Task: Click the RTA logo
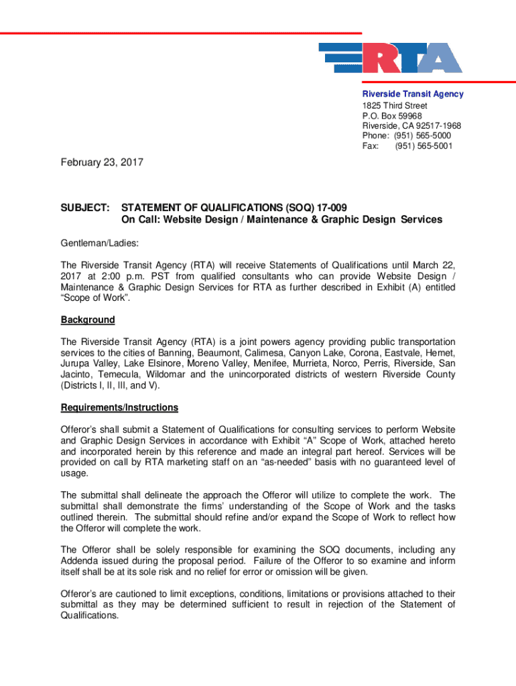tap(390, 58)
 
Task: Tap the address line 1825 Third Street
tap(395, 106)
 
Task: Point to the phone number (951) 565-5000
tap(423, 136)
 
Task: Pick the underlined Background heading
tap(88, 320)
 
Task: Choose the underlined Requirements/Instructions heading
tap(119, 407)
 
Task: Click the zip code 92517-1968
tap(433, 126)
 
